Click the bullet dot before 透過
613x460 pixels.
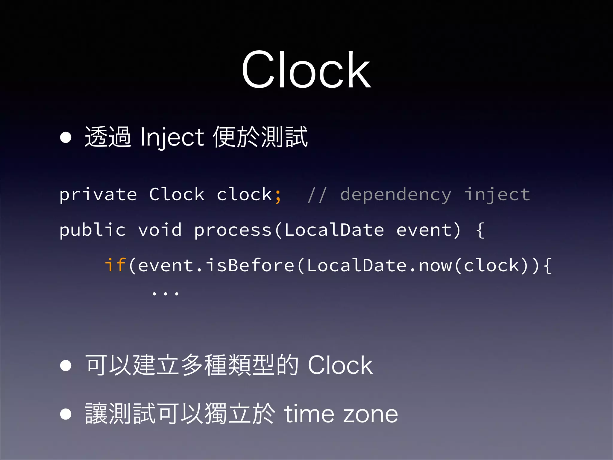click(x=66, y=138)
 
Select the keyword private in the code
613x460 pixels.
click(x=98, y=195)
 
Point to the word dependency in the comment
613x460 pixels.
click(x=395, y=195)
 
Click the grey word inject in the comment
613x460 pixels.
click(x=497, y=195)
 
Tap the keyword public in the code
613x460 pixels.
click(x=92, y=230)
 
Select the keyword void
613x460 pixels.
click(x=160, y=230)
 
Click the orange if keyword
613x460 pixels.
click(x=115, y=265)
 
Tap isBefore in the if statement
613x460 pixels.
click(x=250, y=265)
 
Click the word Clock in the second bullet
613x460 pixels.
click(x=340, y=365)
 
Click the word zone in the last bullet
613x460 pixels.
click(x=371, y=415)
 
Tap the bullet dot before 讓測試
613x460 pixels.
click(x=66, y=414)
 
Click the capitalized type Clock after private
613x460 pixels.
click(x=177, y=195)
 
